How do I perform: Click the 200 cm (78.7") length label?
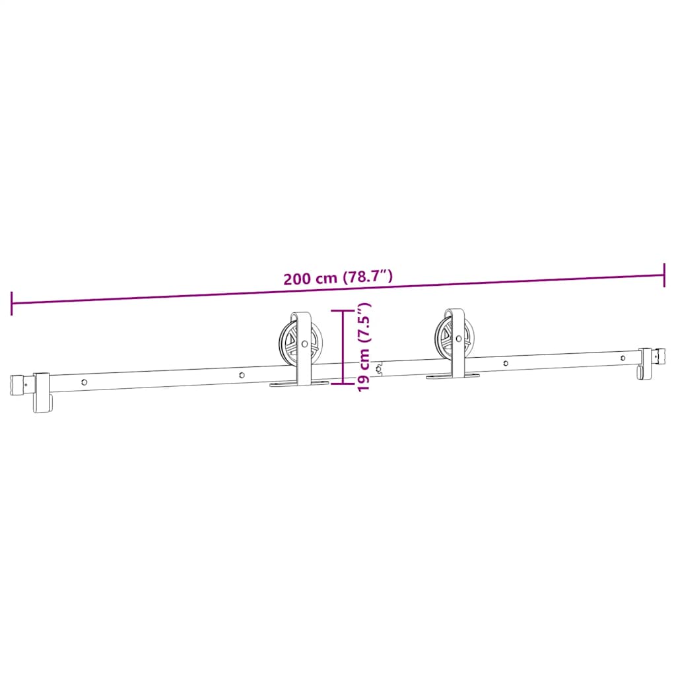(x=338, y=277)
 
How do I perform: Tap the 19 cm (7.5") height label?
(x=364, y=347)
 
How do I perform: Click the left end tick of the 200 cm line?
(x=12, y=303)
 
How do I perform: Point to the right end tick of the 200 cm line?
(x=664, y=275)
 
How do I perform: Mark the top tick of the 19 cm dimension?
(x=343, y=310)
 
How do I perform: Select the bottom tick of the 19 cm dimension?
(x=343, y=382)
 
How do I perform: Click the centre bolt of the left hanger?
(x=305, y=343)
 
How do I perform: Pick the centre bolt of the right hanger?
(x=458, y=339)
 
